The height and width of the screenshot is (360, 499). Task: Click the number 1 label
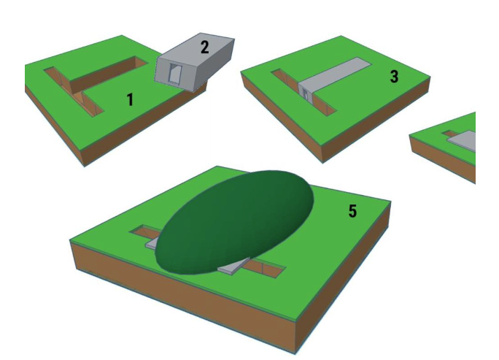(130, 99)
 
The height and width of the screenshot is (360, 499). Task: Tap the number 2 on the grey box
(205, 47)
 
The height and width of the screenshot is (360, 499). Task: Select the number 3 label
(394, 77)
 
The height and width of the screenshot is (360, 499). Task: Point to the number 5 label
(352, 211)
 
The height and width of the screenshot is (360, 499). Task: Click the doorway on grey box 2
(174, 73)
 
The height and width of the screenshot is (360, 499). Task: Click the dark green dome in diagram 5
(234, 222)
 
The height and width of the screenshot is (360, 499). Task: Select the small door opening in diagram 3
(305, 94)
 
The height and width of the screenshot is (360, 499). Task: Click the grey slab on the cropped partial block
(463, 140)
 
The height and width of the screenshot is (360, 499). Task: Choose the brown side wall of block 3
(376, 120)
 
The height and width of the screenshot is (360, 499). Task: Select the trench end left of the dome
(143, 231)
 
